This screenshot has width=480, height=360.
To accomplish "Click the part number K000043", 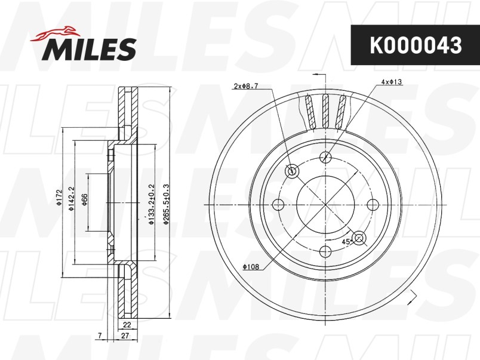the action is [416, 45].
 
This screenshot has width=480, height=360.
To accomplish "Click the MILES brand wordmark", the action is [89, 49].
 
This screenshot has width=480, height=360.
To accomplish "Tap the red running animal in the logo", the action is [55, 33].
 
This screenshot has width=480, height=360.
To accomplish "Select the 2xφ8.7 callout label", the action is [246, 86].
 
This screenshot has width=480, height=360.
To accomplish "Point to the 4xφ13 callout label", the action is [392, 82].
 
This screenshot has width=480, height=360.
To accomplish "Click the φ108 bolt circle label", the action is [251, 267].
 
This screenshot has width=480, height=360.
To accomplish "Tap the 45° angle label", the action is [346, 241].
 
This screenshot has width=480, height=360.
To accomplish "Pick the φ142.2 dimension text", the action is [71, 199].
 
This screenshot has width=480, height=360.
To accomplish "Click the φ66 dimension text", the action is [84, 199].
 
